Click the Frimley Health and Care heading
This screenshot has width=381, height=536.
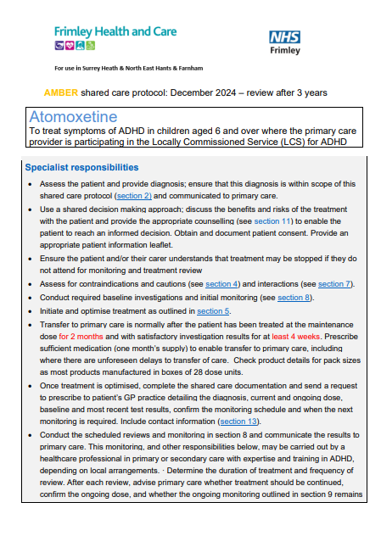115,31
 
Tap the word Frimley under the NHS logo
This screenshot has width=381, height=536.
285,51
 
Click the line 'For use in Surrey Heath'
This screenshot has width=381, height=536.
128,67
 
